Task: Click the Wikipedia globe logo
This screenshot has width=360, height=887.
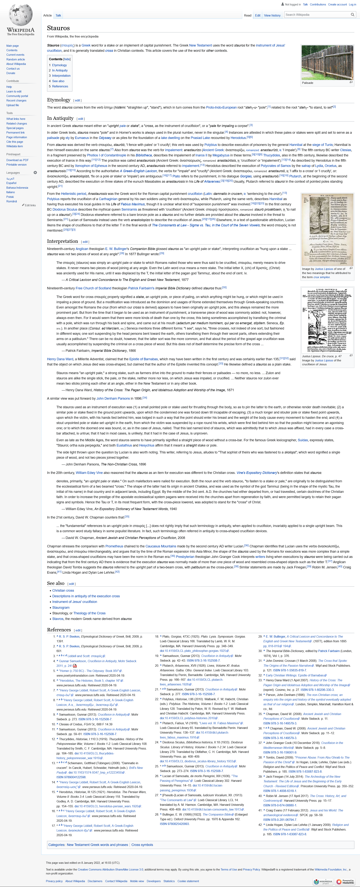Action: [21, 16]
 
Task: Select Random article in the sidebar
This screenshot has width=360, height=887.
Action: [16, 59]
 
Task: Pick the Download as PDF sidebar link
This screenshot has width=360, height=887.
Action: [17, 160]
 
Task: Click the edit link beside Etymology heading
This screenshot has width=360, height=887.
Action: [77, 101]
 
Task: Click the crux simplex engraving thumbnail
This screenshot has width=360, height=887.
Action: [327, 229]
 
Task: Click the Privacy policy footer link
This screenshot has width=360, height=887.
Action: [54, 878]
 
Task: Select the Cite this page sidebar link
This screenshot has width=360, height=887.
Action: [14, 142]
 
